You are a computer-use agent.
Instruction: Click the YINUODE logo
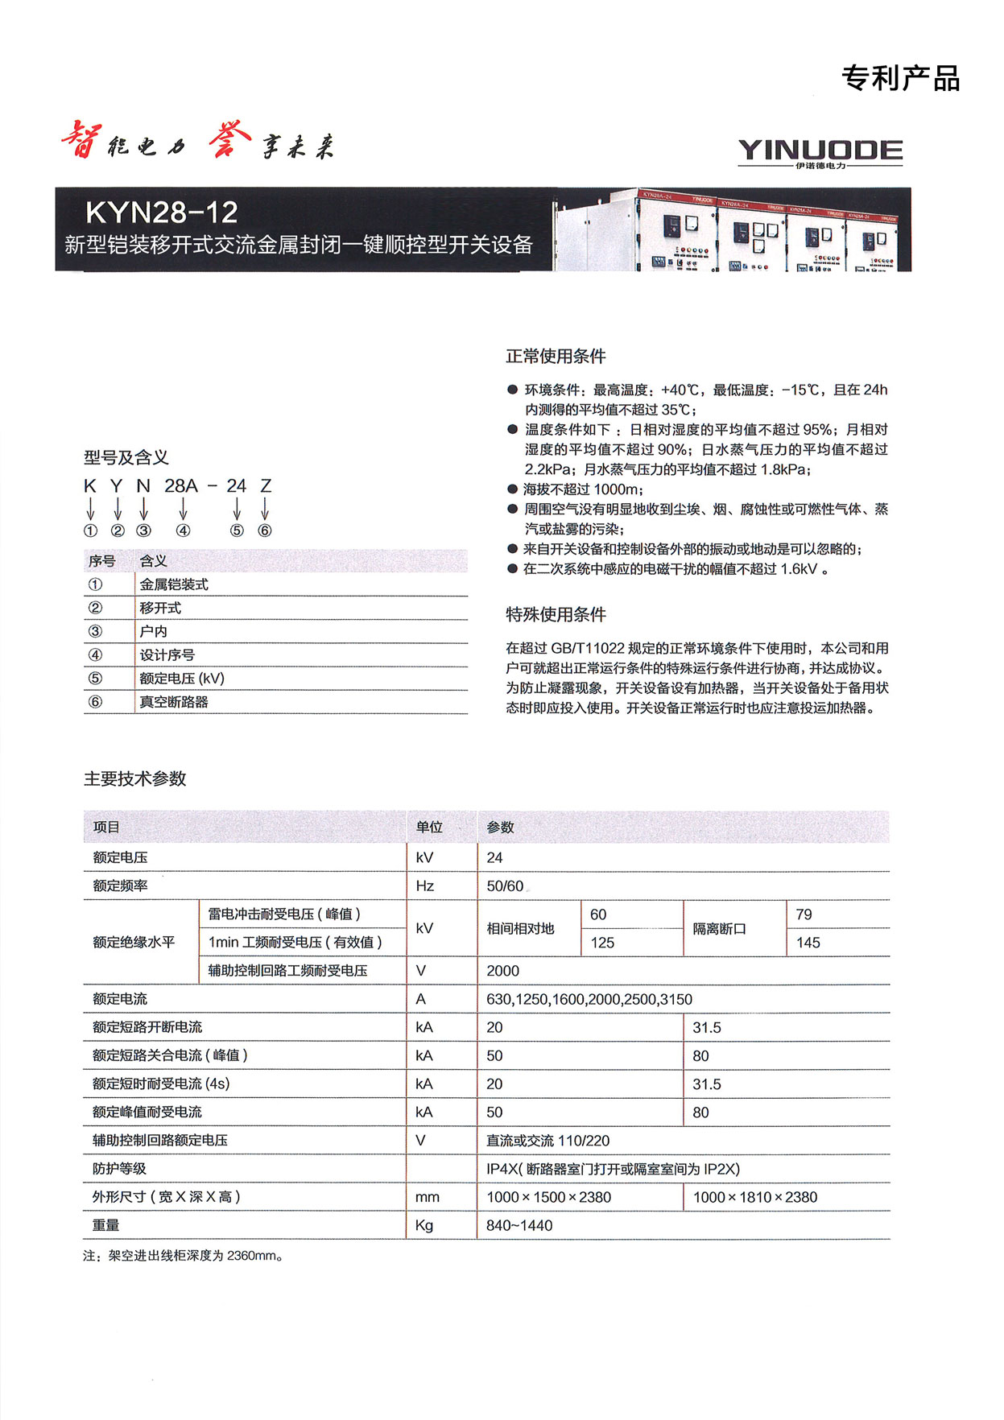820,152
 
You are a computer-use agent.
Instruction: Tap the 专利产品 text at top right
901,79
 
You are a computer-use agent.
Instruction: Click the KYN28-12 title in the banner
162,213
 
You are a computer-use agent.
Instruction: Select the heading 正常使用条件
556,356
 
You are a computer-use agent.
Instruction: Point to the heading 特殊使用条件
556,614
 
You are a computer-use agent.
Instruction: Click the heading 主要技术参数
135,778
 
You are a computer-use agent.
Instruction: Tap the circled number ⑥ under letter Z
265,530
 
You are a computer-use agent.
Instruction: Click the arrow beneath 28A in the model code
184,508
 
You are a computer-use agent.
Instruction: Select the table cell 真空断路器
174,702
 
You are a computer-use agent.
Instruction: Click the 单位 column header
429,827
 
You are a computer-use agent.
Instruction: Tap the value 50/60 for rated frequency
505,886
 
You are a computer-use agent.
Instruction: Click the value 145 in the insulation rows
808,943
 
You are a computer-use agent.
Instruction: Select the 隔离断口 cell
719,929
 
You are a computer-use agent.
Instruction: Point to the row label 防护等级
119,1169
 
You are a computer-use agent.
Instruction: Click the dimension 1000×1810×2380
755,1197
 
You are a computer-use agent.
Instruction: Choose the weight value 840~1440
519,1225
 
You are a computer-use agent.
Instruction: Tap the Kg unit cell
424,1225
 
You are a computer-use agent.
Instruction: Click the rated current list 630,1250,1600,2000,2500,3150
589,999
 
